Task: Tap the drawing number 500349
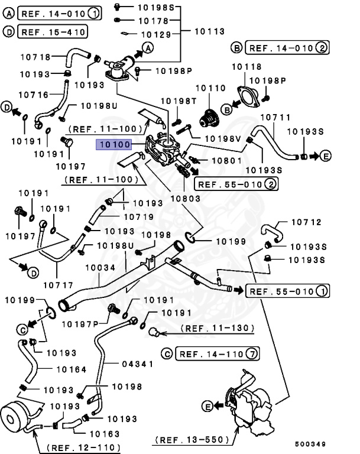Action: pyautogui.click(x=310, y=443)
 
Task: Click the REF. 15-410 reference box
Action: pyautogui.click(x=53, y=31)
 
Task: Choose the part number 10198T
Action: pyautogui.click(x=178, y=101)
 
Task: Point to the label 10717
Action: pyautogui.click(x=58, y=283)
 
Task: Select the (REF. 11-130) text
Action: pyautogui.click(x=217, y=327)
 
